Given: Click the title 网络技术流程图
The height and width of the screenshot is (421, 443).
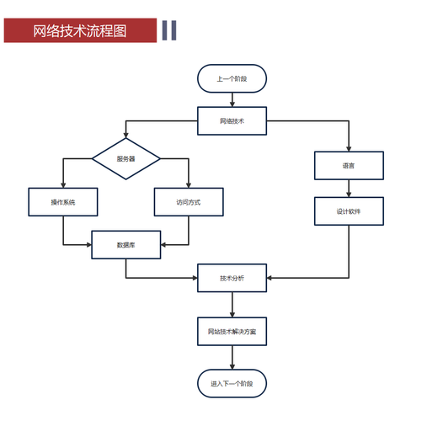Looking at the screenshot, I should point(80,31).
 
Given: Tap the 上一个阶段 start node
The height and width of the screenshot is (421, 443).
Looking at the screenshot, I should point(232,79).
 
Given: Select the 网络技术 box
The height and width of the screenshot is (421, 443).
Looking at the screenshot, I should point(232,120).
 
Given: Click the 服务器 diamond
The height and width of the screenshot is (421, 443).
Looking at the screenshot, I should point(126,157).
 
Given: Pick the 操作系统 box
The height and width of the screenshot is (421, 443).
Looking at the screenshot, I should point(63,202).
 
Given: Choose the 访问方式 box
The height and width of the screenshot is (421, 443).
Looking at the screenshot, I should point(189,202).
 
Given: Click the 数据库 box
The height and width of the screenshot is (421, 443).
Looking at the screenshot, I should point(126,245).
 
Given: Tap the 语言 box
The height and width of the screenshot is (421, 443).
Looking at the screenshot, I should point(349,165).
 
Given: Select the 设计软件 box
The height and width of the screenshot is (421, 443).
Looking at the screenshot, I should point(349,210).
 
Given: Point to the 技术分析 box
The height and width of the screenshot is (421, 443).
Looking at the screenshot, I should point(232,278).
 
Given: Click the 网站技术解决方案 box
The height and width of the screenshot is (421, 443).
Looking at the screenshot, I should point(232,331).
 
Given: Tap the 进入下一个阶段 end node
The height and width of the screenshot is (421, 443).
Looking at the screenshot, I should point(232,383).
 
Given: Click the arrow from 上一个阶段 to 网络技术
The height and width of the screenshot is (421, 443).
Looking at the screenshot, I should point(232,99).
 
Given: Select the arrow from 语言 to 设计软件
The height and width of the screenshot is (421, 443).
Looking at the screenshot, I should point(349,188).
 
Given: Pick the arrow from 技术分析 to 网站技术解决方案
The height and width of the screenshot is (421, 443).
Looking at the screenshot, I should point(232,304).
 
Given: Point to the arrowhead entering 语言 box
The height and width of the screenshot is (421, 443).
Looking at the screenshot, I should point(349,147).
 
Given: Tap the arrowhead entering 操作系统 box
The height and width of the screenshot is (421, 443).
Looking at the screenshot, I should point(63,184).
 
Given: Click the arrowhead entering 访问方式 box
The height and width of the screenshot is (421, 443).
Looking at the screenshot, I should point(189,184).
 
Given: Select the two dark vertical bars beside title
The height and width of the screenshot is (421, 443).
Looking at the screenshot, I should point(168,30).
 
